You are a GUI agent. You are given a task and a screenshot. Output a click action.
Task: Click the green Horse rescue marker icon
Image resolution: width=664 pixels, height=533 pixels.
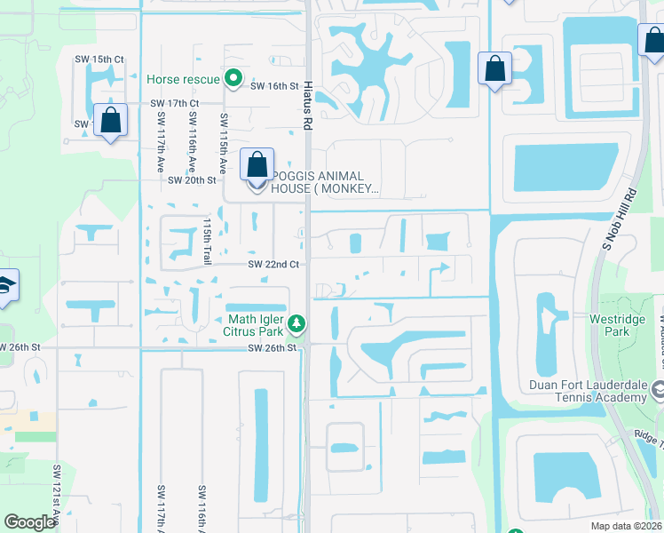[233, 79]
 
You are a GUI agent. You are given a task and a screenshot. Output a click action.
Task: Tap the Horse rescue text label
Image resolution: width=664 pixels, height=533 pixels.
[183, 79]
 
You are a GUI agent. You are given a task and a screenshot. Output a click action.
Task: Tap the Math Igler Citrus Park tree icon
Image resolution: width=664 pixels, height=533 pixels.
[300, 322]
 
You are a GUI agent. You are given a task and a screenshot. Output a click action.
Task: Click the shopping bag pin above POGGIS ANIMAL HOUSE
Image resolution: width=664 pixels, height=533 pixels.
[257, 166]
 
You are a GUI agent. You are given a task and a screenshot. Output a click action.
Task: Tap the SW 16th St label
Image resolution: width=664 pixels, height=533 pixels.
[273, 86]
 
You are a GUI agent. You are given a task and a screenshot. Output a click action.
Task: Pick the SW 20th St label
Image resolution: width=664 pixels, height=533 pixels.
[192, 180]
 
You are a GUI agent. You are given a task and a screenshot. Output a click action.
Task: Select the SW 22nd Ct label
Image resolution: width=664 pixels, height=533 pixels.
[273, 265]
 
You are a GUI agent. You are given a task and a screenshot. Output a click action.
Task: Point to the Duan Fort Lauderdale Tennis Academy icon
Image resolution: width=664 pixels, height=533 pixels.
[658, 390]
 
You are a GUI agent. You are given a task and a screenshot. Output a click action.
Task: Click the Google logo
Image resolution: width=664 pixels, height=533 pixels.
[29, 522]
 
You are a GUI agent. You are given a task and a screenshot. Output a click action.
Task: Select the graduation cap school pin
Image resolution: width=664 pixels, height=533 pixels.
[7, 287]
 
